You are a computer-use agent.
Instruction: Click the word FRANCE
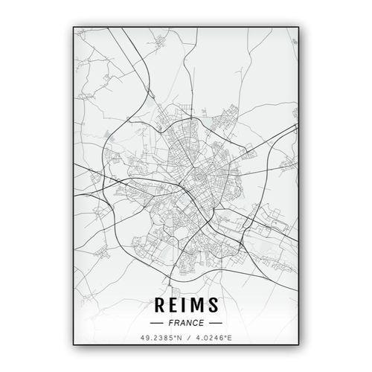coord(185,324)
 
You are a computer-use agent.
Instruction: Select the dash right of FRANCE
coord(215,324)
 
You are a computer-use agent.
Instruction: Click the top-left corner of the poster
coord(74,26)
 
